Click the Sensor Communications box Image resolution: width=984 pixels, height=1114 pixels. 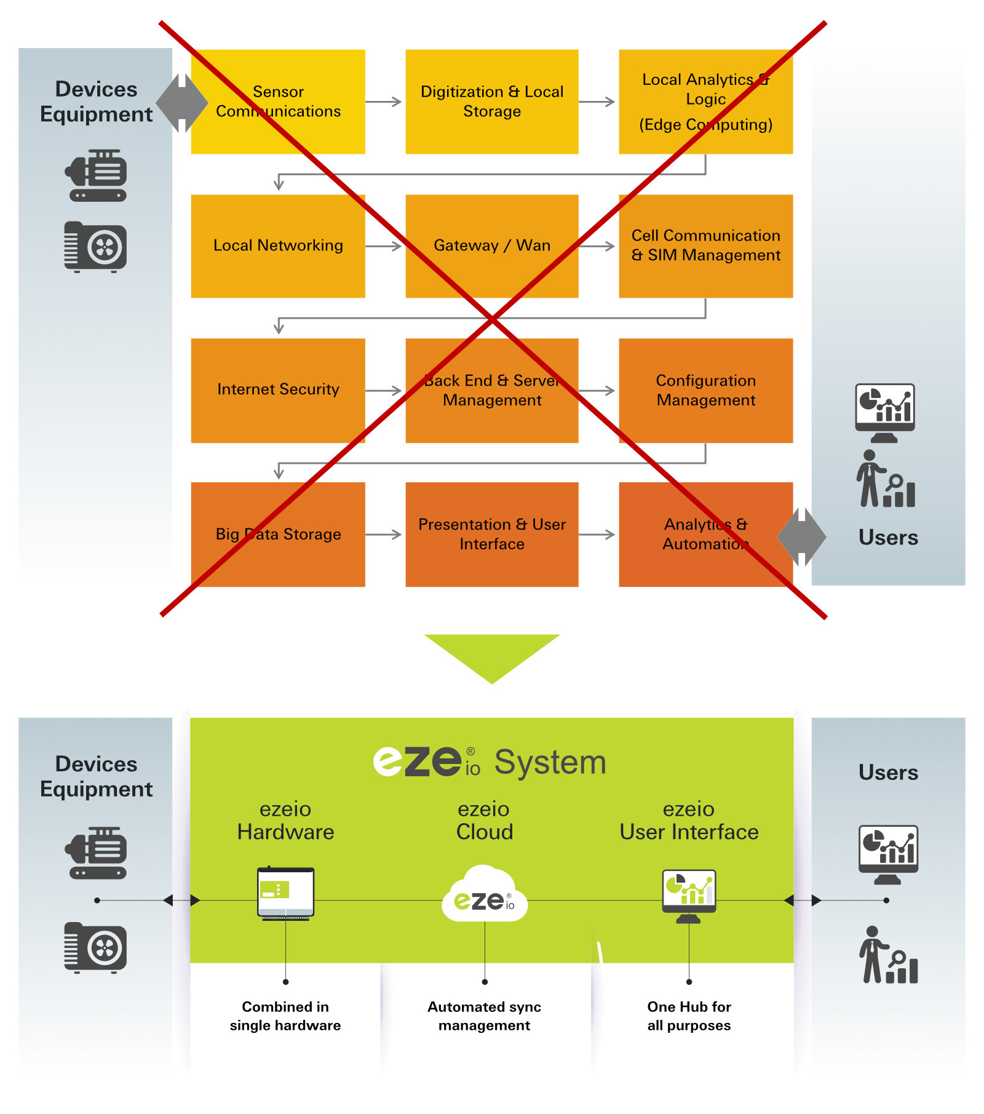click(278, 101)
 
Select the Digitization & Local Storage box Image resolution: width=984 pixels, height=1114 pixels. click(491, 101)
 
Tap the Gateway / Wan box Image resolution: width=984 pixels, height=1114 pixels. click(491, 246)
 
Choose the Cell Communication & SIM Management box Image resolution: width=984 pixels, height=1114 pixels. click(705, 246)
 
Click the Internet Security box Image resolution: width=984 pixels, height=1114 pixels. click(278, 390)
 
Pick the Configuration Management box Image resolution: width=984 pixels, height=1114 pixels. click(705, 390)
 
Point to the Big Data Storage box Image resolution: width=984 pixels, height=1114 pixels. click(278, 534)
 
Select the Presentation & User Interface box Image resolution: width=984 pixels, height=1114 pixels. click(491, 534)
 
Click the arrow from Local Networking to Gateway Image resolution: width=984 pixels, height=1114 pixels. click(384, 247)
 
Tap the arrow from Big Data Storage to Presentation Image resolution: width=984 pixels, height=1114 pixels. click(384, 535)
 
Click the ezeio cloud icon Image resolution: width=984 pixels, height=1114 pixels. click(484, 896)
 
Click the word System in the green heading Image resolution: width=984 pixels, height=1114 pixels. click(550, 763)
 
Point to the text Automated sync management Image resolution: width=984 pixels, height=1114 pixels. click(484, 1016)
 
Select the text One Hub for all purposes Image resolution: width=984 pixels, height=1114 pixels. click(689, 1016)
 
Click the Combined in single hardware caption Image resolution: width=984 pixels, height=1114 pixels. click(285, 1016)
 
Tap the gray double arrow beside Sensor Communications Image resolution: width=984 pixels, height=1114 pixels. click(181, 103)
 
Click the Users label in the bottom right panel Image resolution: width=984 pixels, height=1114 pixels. click(887, 773)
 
